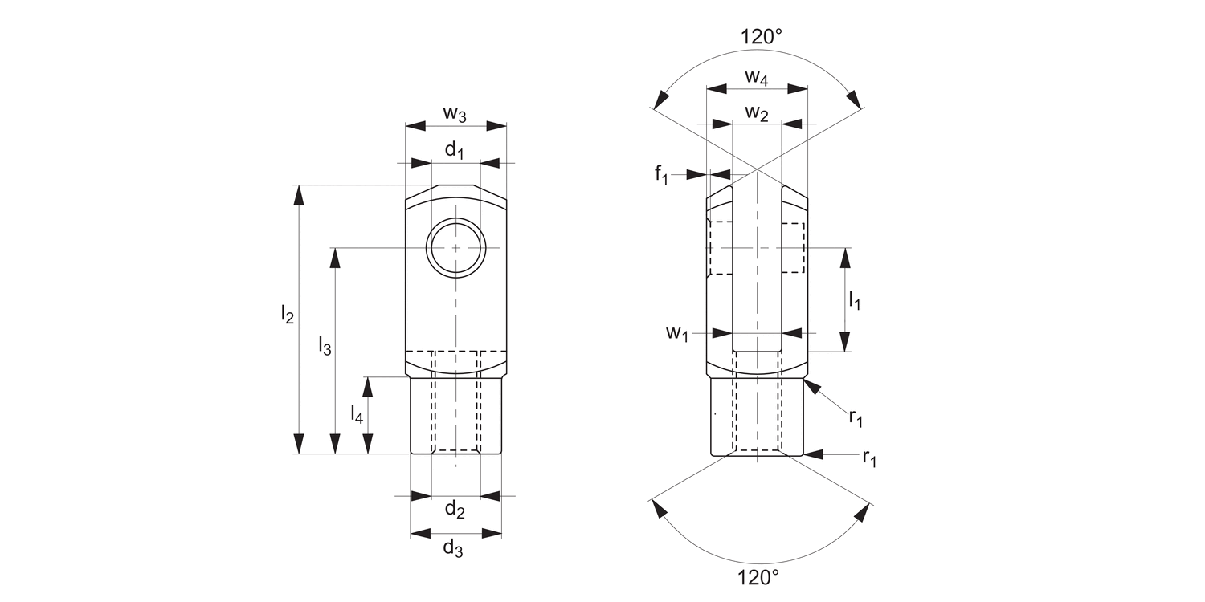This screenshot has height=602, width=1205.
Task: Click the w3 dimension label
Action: click(455, 115)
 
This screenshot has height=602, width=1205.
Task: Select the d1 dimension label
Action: click(455, 150)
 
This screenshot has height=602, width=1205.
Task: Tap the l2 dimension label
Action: click(287, 313)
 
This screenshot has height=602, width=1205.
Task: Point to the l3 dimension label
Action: click(324, 346)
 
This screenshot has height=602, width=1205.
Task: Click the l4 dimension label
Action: click(357, 414)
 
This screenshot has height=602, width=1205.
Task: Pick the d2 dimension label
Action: click(455, 509)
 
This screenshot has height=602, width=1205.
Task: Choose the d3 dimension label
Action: click(454, 549)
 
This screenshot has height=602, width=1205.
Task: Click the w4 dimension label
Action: click(756, 77)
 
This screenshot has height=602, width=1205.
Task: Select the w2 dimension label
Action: click(756, 113)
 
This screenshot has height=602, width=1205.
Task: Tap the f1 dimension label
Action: click(660, 175)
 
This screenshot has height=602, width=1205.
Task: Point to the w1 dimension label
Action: click(676, 334)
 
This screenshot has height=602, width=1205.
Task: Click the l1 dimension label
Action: click(855, 301)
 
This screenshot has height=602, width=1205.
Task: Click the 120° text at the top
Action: click(761, 36)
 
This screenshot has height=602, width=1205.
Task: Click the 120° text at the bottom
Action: click(758, 576)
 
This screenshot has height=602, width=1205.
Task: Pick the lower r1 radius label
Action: click(868, 458)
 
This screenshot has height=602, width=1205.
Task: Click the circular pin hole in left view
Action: click(456, 248)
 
